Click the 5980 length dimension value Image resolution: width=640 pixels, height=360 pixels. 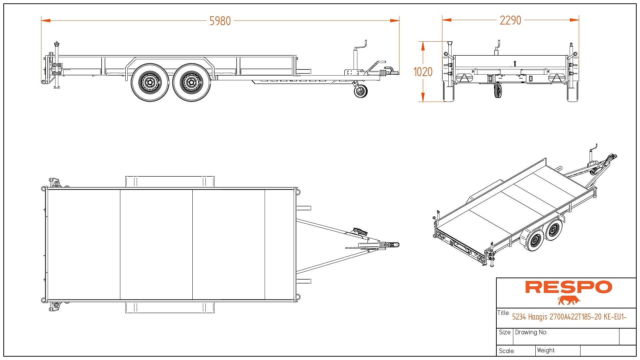(x=220, y=21)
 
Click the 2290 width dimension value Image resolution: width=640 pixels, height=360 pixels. (x=510, y=20)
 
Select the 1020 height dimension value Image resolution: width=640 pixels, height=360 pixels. (x=423, y=72)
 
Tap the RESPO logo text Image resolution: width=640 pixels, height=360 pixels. (x=568, y=287)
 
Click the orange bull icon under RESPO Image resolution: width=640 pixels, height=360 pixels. (x=569, y=300)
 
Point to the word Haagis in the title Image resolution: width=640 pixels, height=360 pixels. (x=538, y=317)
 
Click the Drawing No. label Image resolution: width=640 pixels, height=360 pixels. (x=531, y=332)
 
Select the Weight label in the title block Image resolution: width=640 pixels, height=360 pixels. (x=546, y=350)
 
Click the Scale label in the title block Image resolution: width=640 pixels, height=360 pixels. (x=507, y=351)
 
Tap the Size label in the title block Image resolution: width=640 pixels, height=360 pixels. (x=505, y=332)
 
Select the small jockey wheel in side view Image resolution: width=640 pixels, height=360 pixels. (x=361, y=91)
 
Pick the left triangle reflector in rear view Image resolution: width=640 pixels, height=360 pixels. (x=464, y=78)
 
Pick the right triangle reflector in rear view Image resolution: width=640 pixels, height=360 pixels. (x=556, y=78)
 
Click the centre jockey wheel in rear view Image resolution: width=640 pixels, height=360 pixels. (x=498, y=91)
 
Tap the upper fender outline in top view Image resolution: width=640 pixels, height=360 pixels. (x=170, y=182)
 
